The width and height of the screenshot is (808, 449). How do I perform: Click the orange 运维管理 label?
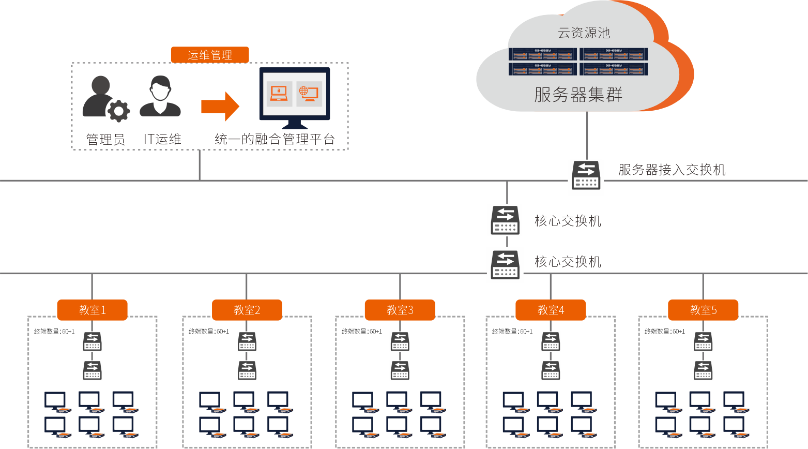(210, 55)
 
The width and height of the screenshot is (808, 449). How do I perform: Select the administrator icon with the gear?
(105, 99)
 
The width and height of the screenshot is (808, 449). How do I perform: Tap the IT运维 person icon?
(160, 96)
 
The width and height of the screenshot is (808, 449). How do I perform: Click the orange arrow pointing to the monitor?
(220, 107)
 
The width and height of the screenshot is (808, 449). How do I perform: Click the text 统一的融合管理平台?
(275, 139)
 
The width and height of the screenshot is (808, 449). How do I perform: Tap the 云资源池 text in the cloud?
(584, 33)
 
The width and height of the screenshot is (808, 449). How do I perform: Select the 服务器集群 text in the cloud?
(578, 95)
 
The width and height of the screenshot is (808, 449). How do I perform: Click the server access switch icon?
(586, 175)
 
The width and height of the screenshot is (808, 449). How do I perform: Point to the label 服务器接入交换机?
(672, 170)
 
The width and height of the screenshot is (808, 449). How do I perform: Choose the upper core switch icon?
(505, 220)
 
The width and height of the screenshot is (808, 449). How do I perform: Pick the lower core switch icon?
(505, 264)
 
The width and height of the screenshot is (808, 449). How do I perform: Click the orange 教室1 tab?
(92, 310)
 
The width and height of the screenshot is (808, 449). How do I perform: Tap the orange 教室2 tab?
(247, 310)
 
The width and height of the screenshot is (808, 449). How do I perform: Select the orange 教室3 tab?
(400, 310)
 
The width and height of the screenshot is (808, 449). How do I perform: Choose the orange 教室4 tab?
(551, 310)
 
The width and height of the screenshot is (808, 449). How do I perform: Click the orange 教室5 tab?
(703, 310)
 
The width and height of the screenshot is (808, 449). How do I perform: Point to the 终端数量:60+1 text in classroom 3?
(362, 332)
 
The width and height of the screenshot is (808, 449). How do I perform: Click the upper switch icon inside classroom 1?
(92, 341)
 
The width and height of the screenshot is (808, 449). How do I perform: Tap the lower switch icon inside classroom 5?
(703, 370)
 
